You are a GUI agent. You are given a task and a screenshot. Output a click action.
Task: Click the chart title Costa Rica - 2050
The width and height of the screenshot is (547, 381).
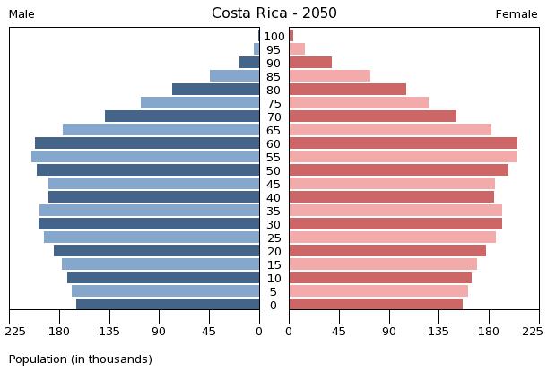pos(274,13)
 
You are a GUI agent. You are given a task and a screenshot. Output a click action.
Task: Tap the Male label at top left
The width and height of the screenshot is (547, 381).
pos(22,14)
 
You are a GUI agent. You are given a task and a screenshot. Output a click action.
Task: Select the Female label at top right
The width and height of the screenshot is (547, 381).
pos(517,14)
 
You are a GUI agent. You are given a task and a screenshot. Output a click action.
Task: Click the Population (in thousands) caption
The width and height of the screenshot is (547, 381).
pos(81,359)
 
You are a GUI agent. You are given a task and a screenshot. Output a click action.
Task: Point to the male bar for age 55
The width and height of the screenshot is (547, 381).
pos(145,157)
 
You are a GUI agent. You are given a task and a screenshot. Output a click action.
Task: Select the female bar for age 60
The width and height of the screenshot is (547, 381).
pos(403,143)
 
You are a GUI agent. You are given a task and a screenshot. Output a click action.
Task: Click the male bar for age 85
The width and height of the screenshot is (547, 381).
pos(234,76)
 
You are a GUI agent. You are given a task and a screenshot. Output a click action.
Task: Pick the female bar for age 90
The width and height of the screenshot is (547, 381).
pos(310,63)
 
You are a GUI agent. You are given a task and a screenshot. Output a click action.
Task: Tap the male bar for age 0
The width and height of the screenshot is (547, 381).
pos(168,305)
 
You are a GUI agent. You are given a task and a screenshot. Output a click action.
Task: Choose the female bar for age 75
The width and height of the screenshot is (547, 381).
pos(359,103)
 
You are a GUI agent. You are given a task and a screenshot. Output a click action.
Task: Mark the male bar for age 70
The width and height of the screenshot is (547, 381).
pos(182,117)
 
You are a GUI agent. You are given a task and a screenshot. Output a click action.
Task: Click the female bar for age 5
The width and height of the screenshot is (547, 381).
pos(378,291)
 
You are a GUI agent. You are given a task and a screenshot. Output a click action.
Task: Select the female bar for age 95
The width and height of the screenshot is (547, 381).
pos(297,49)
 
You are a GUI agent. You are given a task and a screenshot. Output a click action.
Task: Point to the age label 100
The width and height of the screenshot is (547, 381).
pos(274,37)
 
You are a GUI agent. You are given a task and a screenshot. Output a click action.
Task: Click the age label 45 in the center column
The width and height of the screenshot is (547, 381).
pos(273,185)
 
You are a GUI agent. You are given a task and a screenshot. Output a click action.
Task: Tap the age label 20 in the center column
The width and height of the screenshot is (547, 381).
pos(273,252)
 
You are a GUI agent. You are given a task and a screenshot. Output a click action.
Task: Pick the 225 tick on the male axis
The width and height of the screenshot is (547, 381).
pos(10,331)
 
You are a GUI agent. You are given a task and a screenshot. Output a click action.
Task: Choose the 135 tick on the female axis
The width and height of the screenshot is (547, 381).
pos(439,331)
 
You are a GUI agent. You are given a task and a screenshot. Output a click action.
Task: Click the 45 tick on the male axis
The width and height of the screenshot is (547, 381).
pos(209,331)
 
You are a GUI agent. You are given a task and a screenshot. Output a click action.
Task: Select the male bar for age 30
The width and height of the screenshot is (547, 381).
pos(149,224)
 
